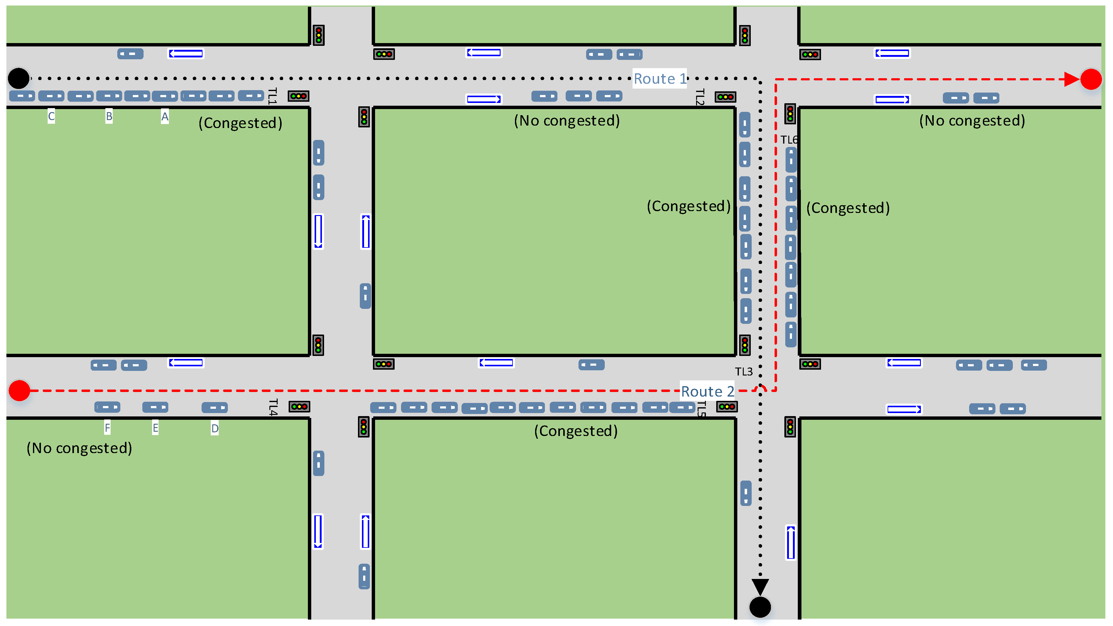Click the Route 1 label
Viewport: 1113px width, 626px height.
pyautogui.click(x=660, y=79)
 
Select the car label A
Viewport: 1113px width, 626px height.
pyautogui.click(x=165, y=116)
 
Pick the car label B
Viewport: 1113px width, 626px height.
pyautogui.click(x=109, y=116)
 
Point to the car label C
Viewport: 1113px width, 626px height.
pyautogui.click(x=51, y=116)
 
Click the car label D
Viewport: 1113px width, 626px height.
pyautogui.click(x=215, y=428)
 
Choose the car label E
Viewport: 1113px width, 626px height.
pyautogui.click(x=155, y=428)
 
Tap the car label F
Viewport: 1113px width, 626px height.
pyautogui.click(x=107, y=428)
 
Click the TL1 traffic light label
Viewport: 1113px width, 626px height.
pyautogui.click(x=272, y=96)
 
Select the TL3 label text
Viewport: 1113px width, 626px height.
pyautogui.click(x=744, y=372)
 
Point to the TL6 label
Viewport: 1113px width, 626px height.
pyautogui.click(x=789, y=140)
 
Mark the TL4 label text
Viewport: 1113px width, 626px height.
pyautogui.click(x=273, y=407)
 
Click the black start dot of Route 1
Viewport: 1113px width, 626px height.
pyautogui.click(x=19, y=78)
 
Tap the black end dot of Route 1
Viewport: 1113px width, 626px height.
pyautogui.click(x=760, y=607)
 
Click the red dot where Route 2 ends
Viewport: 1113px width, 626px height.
pyautogui.click(x=1091, y=79)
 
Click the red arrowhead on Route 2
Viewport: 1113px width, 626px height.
pyautogui.click(x=1072, y=79)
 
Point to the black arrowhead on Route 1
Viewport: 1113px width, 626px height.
pyautogui.click(x=760, y=588)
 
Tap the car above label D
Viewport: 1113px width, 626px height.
pyautogui.click(x=215, y=407)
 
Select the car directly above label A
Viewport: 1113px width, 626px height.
pyautogui.click(x=165, y=96)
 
